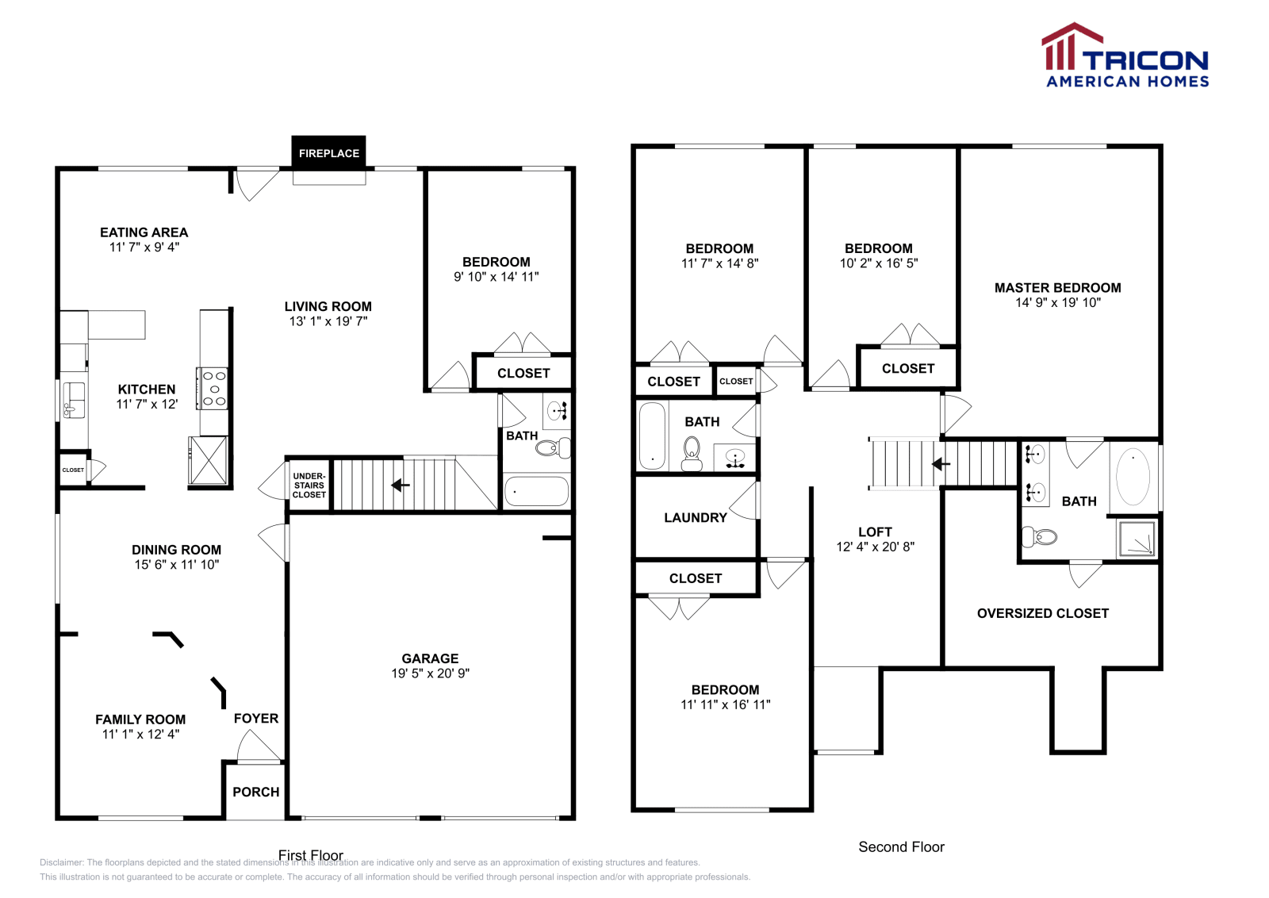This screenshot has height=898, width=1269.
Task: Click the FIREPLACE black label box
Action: [x=328, y=152]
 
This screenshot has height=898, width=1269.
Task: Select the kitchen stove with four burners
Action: [x=213, y=389]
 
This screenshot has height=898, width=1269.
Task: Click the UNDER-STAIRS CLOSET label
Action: [x=309, y=485]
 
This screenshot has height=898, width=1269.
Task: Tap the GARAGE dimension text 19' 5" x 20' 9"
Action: [x=430, y=673]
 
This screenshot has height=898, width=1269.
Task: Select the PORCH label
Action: [x=255, y=792]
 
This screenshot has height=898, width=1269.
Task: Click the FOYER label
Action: [x=255, y=718]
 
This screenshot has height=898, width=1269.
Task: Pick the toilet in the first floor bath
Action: [x=550, y=448]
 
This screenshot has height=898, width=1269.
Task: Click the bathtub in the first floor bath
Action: [x=536, y=491]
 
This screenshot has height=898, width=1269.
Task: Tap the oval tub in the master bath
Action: [x=1133, y=477]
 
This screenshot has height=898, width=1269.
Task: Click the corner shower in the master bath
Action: [x=1137, y=539]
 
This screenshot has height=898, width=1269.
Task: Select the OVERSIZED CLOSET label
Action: [x=1042, y=613]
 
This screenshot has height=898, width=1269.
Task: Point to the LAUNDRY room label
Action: [x=695, y=517]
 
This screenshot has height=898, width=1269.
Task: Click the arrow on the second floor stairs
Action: [x=941, y=464]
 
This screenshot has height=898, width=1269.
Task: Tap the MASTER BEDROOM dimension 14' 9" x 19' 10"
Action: [x=1057, y=302]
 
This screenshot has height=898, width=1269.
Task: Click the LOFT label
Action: [x=875, y=532]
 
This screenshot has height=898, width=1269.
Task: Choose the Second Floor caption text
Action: [x=901, y=846]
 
